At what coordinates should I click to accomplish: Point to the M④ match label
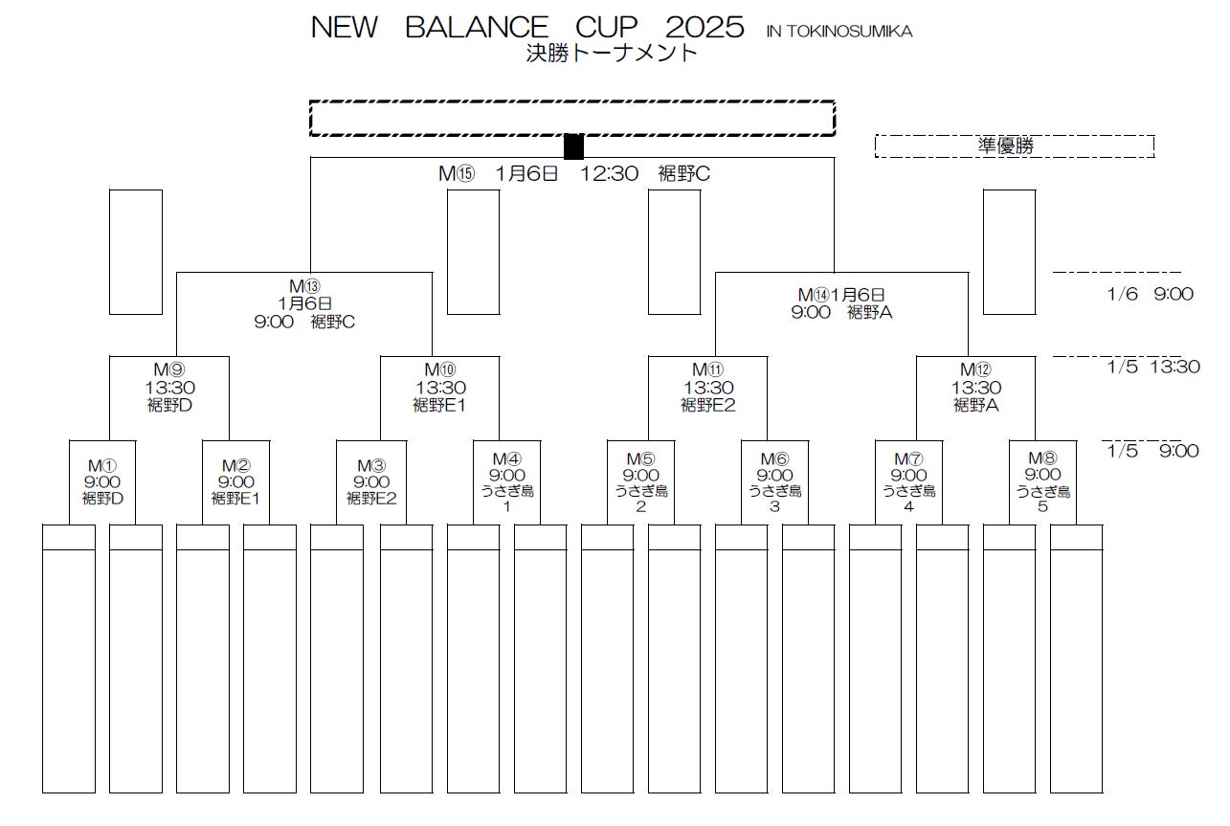(506, 458)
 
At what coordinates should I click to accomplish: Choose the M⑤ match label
(640, 458)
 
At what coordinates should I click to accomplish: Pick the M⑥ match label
(774, 458)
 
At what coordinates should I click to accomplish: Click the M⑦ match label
(908, 458)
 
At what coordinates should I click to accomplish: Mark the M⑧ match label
(1042, 458)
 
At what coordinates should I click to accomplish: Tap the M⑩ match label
(440, 370)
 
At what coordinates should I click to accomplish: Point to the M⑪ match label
(708, 370)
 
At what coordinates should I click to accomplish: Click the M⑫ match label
(976, 370)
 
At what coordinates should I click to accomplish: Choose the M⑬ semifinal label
(304, 286)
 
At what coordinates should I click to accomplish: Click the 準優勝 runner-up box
(1014, 145)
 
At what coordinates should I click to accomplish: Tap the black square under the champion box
(573, 146)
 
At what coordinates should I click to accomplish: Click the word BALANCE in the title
(477, 27)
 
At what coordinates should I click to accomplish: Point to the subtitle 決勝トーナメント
(612, 54)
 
